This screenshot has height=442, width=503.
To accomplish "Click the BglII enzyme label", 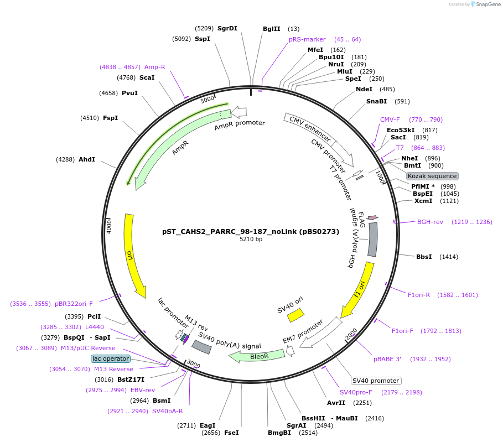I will click(272, 29).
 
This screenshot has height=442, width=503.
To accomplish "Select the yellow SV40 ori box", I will click(295, 315).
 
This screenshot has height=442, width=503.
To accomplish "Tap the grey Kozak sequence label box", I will click(432, 176).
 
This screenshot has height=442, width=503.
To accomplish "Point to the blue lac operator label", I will click(111, 358).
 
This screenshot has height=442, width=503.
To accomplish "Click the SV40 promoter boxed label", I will click(376, 381).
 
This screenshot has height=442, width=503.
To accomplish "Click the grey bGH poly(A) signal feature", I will click(373, 239).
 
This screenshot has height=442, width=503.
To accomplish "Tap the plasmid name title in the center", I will click(251, 232).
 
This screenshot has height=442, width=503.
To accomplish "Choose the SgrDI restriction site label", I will click(227, 28).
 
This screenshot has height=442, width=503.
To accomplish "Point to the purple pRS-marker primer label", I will click(307, 39).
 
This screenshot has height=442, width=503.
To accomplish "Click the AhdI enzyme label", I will click(87, 159).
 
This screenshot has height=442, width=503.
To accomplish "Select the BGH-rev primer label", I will click(430, 222).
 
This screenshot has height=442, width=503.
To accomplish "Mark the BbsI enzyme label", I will click(424, 257).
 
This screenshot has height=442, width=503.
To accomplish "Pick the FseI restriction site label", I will click(231, 433).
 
